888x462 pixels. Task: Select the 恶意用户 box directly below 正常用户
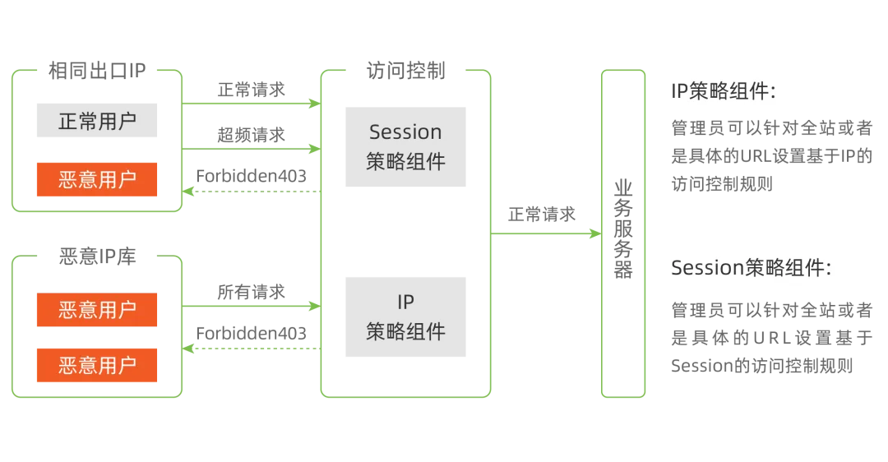pos(95,178)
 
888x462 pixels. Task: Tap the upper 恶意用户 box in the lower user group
pos(95,309)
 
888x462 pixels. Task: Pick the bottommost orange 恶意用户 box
pos(95,365)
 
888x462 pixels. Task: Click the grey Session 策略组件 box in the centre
pos(405,148)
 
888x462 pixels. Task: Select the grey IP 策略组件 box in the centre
pos(405,319)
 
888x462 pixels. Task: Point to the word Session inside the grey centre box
pos(405,132)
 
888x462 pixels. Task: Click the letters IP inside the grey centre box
pos(405,303)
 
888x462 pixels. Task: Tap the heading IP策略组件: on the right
pos(724,91)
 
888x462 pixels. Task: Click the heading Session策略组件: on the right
pos(751,268)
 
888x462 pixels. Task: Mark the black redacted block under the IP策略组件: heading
pos(771,164)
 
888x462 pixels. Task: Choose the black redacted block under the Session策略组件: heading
pos(771,342)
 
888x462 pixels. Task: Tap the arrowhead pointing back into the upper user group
pos(188,192)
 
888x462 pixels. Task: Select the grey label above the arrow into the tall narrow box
pos(542,214)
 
